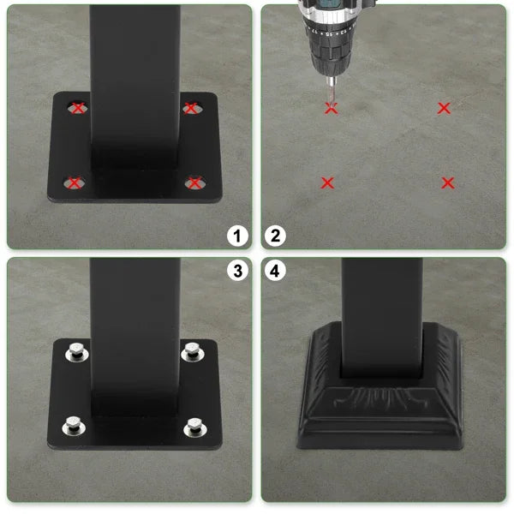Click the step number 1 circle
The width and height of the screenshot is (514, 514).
237,236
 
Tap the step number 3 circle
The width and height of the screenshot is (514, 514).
237,272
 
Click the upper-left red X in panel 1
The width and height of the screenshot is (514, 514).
78,108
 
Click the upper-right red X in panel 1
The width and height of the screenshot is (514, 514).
191,108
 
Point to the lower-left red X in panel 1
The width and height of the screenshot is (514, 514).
75,182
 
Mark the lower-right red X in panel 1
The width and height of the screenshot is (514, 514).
194,182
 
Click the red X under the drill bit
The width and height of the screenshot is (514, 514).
332,108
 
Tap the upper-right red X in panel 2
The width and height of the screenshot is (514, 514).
444,108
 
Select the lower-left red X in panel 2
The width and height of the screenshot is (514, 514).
327,182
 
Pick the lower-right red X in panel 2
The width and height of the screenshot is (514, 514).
447,182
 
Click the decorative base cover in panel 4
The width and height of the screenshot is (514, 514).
382,403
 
